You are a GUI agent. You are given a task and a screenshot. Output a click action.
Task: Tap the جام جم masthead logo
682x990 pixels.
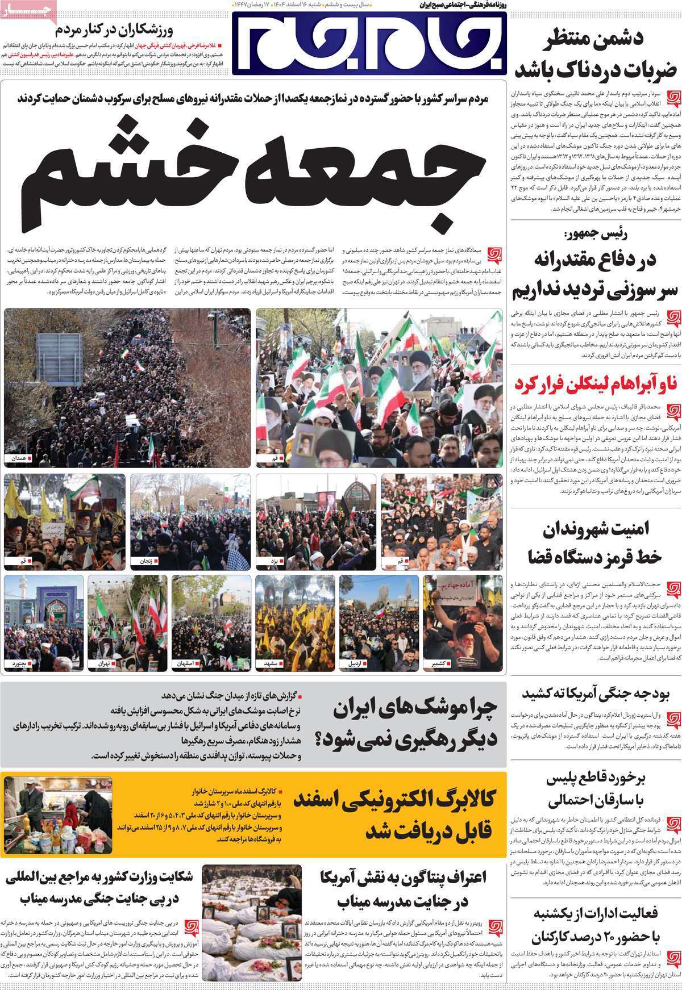point(369,43)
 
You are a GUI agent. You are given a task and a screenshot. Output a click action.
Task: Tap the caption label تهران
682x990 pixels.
point(103,647)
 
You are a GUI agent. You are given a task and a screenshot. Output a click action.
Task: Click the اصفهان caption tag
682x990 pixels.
point(186,647)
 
